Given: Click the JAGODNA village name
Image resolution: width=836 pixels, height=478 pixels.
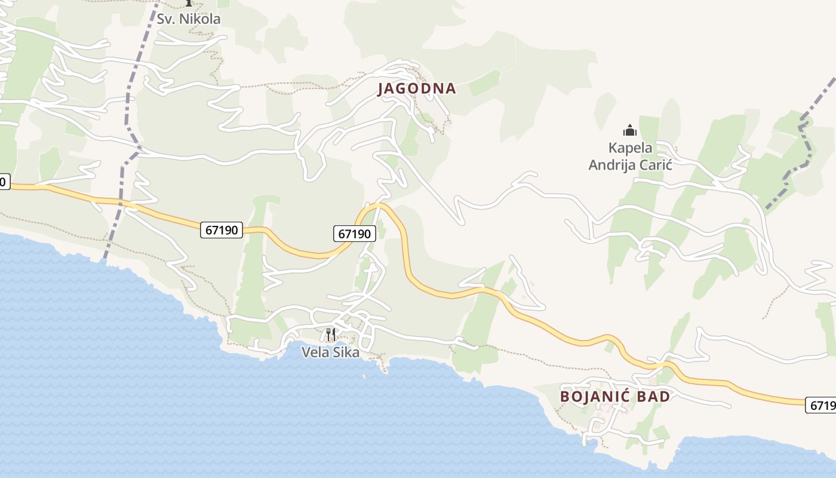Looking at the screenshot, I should point(417,88).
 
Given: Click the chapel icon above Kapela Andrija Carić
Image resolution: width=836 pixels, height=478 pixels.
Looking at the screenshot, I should point(629,130).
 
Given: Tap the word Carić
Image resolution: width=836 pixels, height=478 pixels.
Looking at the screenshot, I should point(657,165).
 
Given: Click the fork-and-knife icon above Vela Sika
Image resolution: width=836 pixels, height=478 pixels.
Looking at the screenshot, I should point(331,335).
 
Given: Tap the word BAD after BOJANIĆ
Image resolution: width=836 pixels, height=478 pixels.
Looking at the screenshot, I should point(653,396).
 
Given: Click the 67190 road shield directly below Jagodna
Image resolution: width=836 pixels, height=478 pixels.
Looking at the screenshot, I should point(354,234).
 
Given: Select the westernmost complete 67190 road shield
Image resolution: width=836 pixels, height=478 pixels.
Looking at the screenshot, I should point(221,230).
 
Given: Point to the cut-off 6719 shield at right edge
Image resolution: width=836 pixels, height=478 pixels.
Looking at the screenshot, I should point(822,405).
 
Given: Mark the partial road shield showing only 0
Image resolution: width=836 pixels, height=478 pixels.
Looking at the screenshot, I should point(4,182).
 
